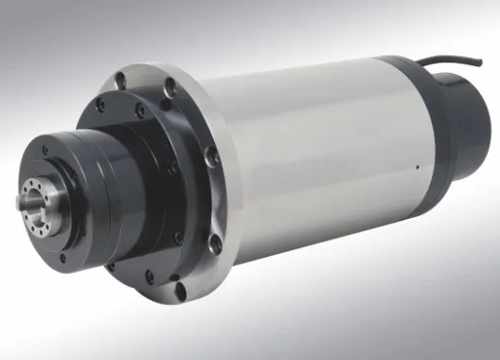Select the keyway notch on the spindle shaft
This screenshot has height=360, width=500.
coord(26,197)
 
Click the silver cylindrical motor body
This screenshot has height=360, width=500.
coord(322,161)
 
